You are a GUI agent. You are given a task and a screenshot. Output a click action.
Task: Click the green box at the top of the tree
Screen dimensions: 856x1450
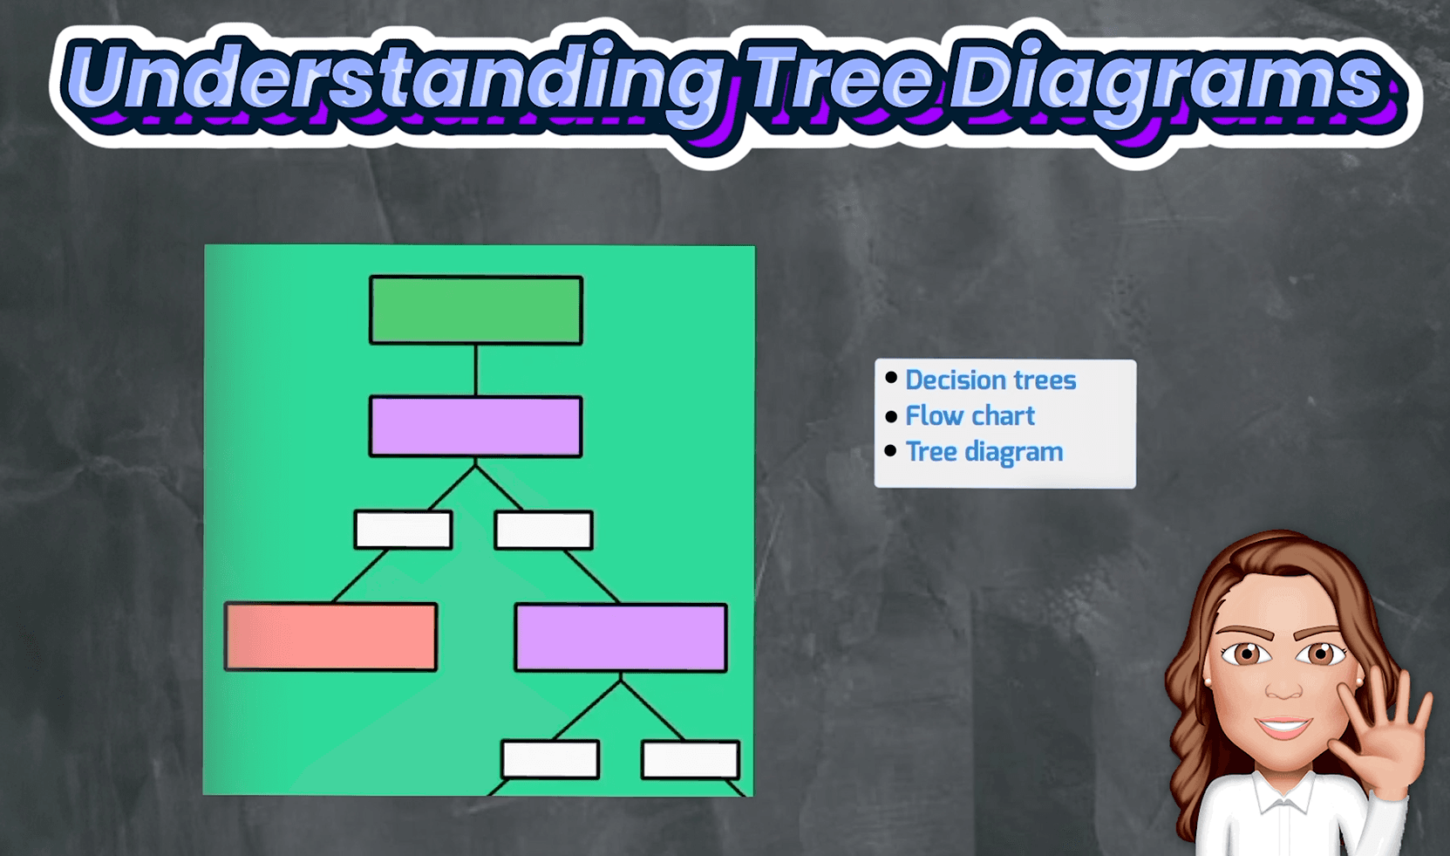point(476,310)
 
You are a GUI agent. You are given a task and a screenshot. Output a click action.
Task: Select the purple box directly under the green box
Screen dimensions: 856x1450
point(476,426)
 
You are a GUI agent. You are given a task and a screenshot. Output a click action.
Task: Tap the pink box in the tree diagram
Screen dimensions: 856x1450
point(331,637)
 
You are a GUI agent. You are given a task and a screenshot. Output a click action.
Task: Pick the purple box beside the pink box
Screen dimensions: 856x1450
point(621,637)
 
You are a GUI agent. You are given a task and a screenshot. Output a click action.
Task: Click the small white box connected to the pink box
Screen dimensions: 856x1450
point(403,530)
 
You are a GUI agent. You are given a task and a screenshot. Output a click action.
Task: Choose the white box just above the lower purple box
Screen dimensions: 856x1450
point(544,530)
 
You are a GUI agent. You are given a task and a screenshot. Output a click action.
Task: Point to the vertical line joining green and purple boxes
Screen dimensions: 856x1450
point(476,370)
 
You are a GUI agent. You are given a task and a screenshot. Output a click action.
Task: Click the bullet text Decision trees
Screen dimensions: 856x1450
point(990,380)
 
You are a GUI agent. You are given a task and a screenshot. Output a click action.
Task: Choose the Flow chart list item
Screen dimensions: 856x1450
point(970,415)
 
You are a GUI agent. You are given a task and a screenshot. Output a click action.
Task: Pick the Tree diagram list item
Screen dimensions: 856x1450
point(984,452)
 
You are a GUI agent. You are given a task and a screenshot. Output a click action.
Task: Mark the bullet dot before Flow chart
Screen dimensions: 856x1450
point(891,416)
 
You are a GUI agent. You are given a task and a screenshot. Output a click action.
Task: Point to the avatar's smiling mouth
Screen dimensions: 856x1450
point(1283,726)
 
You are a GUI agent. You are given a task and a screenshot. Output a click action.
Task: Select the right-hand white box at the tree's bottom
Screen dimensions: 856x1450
point(691,759)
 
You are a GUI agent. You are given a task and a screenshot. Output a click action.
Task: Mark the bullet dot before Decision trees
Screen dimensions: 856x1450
point(891,378)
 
